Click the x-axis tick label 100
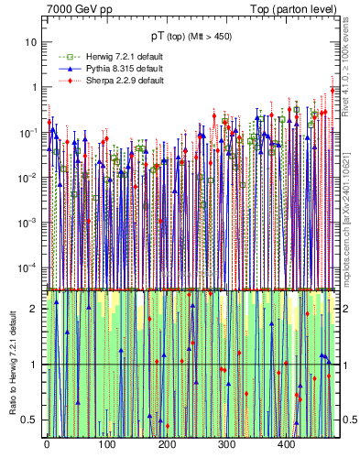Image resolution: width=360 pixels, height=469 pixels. [x=106, y=444]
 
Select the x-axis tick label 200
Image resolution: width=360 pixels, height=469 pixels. [x=167, y=444]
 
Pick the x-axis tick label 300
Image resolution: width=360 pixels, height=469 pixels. [x=226, y=444]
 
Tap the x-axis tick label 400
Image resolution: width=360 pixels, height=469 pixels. [x=286, y=444]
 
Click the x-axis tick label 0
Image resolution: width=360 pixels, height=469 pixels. [x=47, y=444]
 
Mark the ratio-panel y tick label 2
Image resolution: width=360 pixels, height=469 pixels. [x=34, y=309]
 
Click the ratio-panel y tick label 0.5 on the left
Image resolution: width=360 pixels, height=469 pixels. [x=29, y=420]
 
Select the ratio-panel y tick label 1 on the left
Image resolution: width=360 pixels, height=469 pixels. [x=34, y=365]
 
